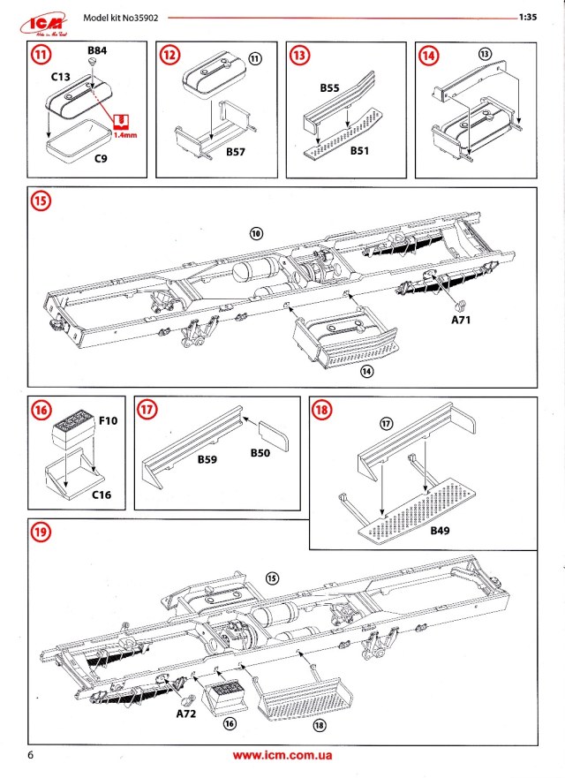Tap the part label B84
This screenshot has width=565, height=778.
click(x=97, y=52)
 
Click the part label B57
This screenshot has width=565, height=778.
click(x=236, y=153)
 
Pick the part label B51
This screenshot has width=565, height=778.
click(x=359, y=152)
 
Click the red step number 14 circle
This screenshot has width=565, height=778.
click(x=429, y=56)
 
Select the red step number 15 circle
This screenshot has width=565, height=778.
click(x=41, y=200)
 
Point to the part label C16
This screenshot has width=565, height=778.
click(x=102, y=495)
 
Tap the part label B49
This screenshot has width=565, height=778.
click(x=442, y=533)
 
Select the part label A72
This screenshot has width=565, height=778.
click(x=185, y=712)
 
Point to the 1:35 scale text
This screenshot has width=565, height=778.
click(x=529, y=17)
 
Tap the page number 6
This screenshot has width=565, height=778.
click(x=31, y=756)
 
